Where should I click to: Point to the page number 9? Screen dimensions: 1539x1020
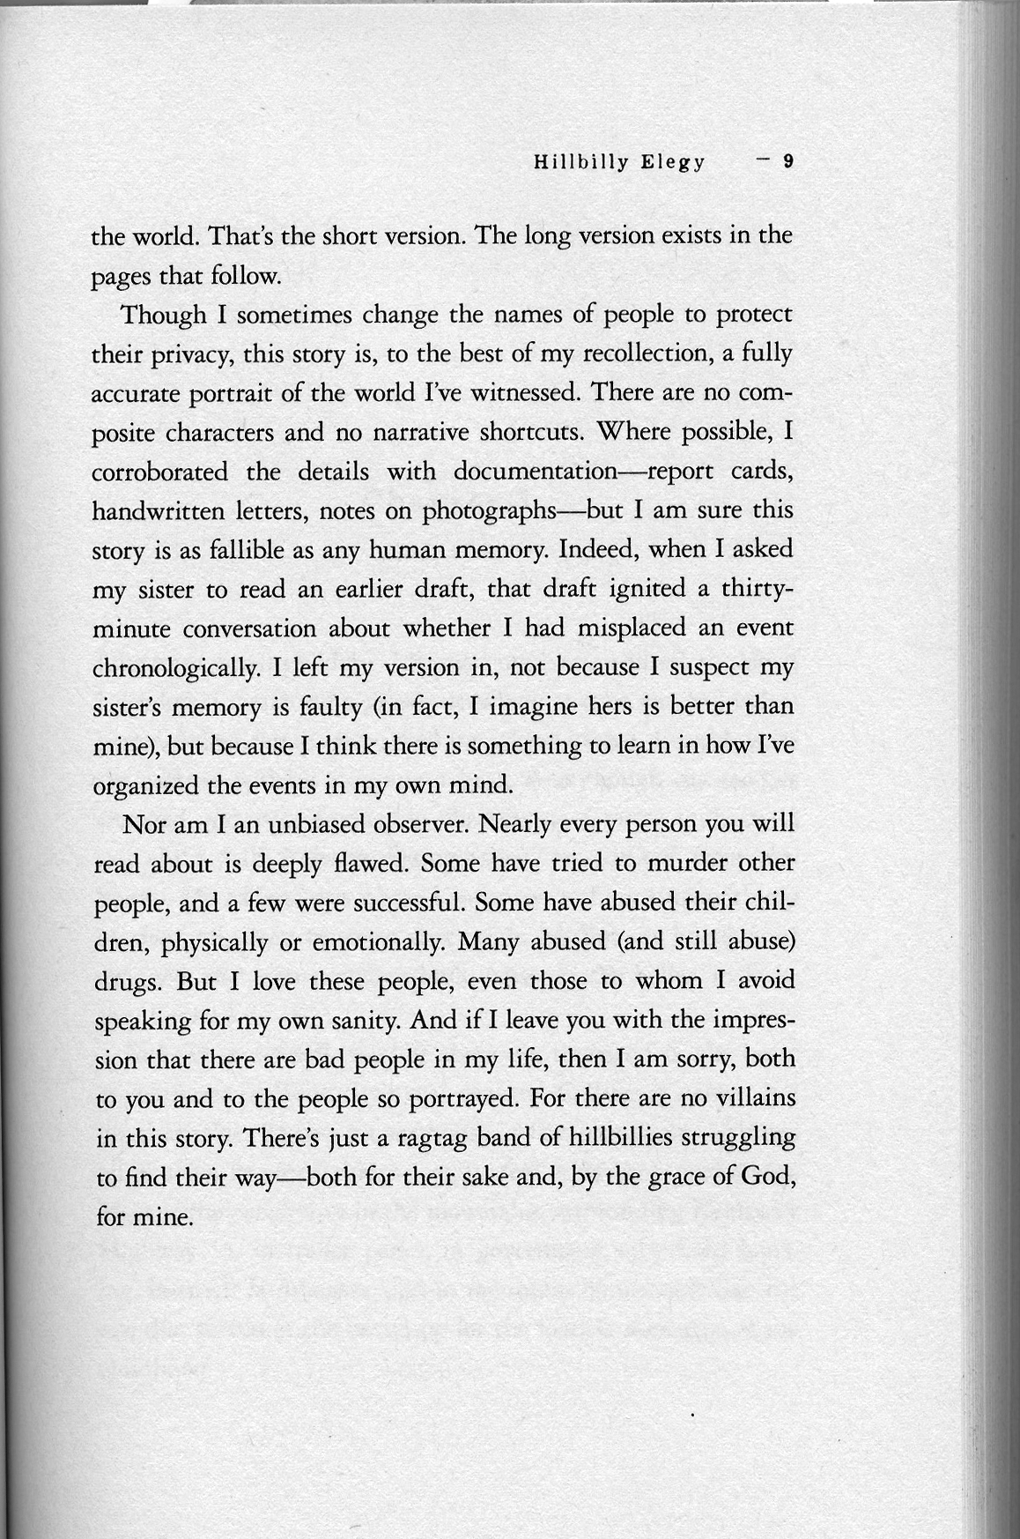click(x=789, y=161)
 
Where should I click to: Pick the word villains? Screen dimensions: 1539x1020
click(x=753, y=1098)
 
